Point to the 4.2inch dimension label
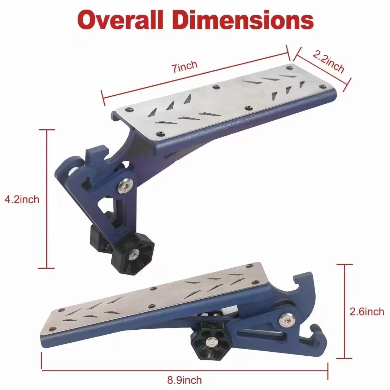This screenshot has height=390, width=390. [x=22, y=199]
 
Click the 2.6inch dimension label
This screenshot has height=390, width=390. [x=367, y=311]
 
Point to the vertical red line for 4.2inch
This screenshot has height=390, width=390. [x=47, y=199]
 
